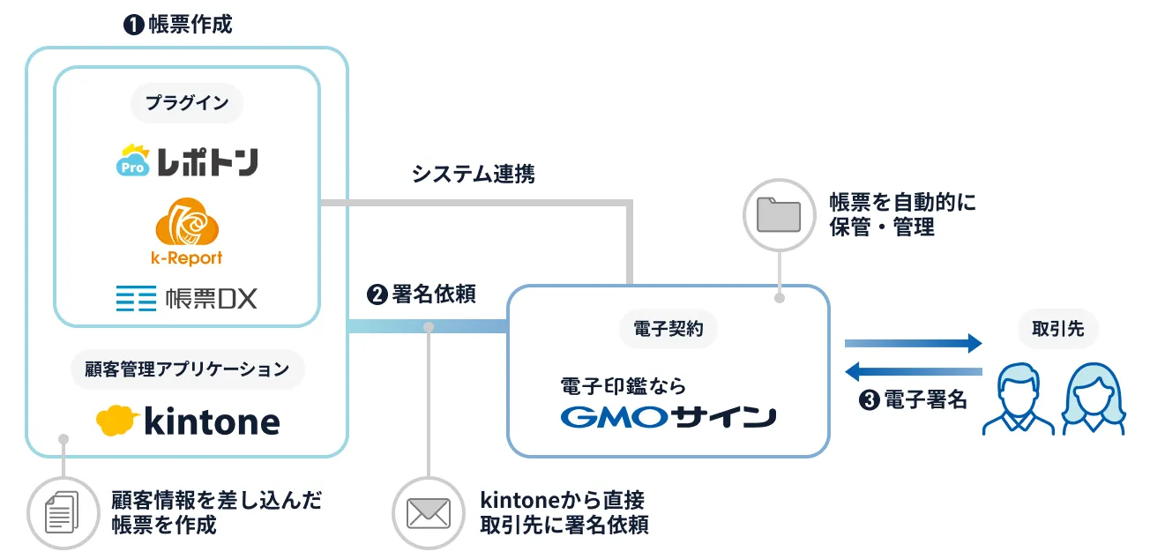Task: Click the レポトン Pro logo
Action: click(187, 161)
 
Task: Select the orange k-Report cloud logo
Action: click(186, 232)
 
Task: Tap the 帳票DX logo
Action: click(187, 298)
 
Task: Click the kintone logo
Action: click(188, 421)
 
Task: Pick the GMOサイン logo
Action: click(668, 416)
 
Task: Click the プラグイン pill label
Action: click(187, 103)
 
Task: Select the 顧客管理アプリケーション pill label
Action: click(187, 369)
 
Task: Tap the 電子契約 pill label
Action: click(668, 330)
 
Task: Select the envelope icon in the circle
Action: click(428, 512)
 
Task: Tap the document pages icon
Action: click(62, 512)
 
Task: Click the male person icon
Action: click(1018, 401)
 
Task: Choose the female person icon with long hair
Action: click(1094, 401)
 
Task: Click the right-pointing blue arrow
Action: click(913, 343)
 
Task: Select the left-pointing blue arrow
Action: click(913, 371)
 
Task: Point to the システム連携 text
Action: click(474, 174)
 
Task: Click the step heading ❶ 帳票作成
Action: click(178, 24)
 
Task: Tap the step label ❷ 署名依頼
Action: click(422, 294)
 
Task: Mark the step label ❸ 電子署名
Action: click(913, 400)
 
